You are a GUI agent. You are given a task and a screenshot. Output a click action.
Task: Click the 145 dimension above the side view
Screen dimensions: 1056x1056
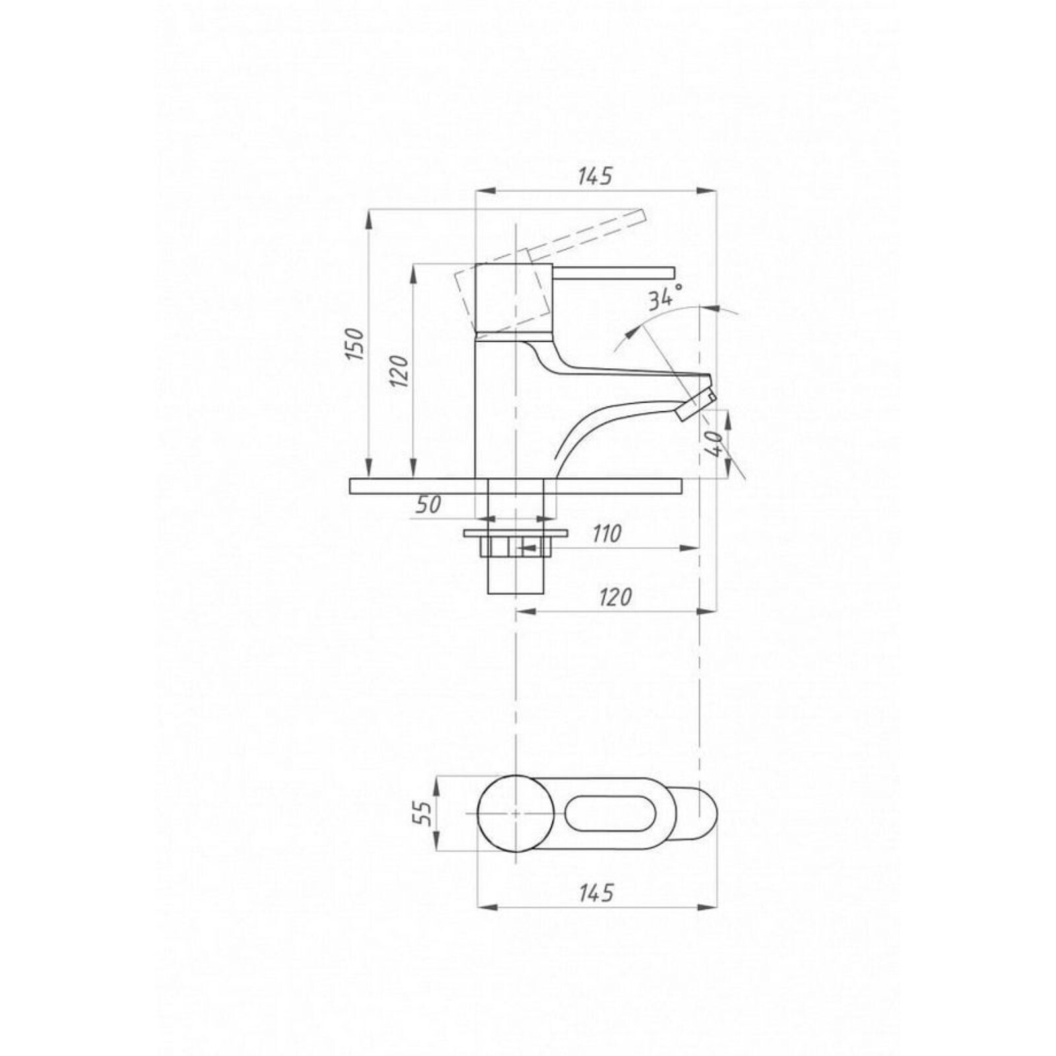[x=595, y=176]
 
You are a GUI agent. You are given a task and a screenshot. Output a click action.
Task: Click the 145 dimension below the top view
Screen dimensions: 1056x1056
[x=595, y=893]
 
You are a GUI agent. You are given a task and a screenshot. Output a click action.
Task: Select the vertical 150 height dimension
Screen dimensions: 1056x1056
[x=355, y=343]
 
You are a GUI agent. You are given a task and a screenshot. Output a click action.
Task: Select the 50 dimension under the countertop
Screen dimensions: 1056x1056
[x=428, y=505]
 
